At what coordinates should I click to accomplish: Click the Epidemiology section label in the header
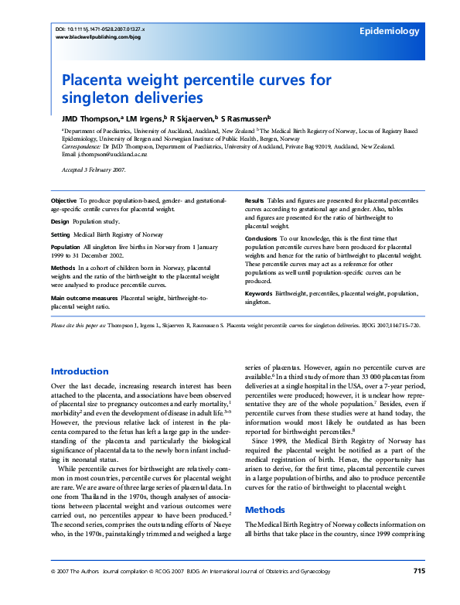[x=390, y=32]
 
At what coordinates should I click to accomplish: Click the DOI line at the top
[x=101, y=29]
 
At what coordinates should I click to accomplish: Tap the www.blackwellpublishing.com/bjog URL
[x=99, y=36]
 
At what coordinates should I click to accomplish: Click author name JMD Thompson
[x=90, y=119]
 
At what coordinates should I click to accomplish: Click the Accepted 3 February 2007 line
[x=93, y=169]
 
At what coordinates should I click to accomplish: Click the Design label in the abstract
[x=60, y=220]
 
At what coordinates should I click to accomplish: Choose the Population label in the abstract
[x=66, y=247]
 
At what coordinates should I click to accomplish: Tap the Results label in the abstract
[x=255, y=200]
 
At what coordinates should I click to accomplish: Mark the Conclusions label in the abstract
[x=261, y=239]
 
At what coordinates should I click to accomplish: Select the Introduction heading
[x=80, y=371]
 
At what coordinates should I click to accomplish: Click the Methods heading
[x=264, y=510]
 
